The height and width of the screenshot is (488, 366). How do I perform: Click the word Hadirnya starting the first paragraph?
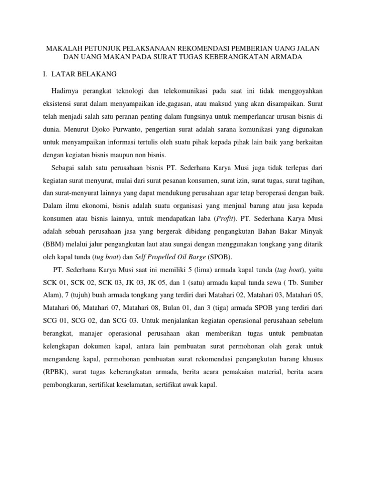point(66,90)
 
